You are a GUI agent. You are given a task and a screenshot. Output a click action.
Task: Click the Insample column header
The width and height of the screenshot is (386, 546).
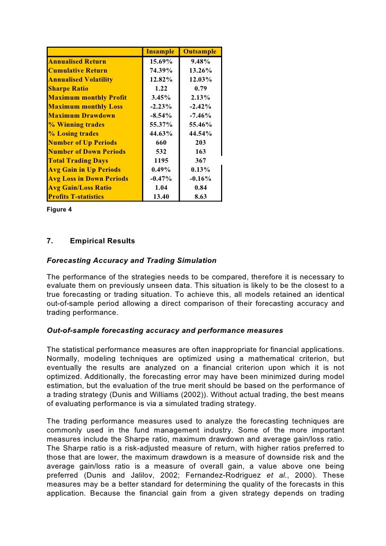(x=160, y=52)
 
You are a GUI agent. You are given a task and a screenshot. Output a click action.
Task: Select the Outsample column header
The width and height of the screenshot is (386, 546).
(x=200, y=52)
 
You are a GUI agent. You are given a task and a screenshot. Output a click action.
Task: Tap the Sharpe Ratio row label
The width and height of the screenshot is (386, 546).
(x=68, y=89)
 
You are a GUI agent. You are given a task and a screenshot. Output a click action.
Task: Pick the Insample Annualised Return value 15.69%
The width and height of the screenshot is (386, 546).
(x=161, y=61)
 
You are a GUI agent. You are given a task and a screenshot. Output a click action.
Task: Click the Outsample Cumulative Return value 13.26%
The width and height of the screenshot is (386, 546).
(x=200, y=71)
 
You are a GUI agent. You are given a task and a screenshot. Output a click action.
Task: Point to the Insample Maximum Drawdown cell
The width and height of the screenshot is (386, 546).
(x=161, y=116)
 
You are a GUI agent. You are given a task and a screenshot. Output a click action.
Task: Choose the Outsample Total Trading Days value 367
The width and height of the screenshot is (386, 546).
(x=200, y=161)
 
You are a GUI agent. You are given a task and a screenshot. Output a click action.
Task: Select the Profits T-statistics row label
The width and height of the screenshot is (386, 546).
(x=76, y=197)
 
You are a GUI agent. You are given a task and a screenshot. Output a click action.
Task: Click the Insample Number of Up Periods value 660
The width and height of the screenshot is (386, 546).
(x=161, y=143)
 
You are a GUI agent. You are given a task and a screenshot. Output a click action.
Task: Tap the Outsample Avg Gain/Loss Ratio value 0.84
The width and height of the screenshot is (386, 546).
(x=200, y=188)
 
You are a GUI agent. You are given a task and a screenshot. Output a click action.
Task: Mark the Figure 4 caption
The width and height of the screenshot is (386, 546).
(x=59, y=209)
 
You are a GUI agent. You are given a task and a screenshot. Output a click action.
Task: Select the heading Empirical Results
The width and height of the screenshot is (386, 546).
(x=102, y=241)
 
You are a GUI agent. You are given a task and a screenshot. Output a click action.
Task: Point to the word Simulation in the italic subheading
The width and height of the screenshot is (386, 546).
(x=195, y=260)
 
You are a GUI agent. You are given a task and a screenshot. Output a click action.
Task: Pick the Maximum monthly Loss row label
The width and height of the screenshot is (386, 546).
(x=85, y=107)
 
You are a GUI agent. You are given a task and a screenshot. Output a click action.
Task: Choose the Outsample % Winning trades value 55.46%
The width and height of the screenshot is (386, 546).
(x=200, y=125)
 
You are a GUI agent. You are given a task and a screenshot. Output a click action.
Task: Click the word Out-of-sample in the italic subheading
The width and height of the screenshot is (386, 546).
(x=72, y=330)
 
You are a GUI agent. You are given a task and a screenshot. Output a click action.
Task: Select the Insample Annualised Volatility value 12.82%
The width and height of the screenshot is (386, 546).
(x=161, y=80)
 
